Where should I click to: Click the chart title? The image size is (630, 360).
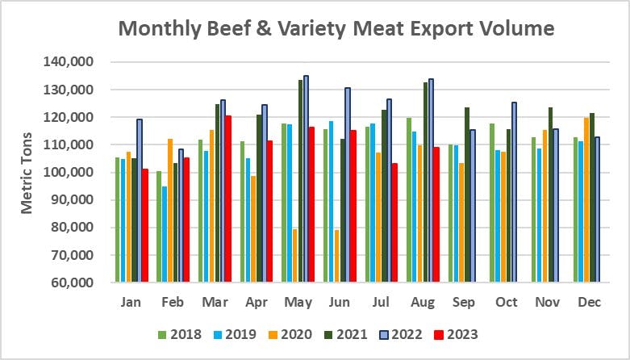[336, 30]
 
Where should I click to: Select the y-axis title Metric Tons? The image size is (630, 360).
[27, 173]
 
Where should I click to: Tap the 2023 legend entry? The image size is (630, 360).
[458, 333]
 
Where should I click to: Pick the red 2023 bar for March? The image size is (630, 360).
[228, 199]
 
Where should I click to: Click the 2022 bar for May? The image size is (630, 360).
[306, 178]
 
